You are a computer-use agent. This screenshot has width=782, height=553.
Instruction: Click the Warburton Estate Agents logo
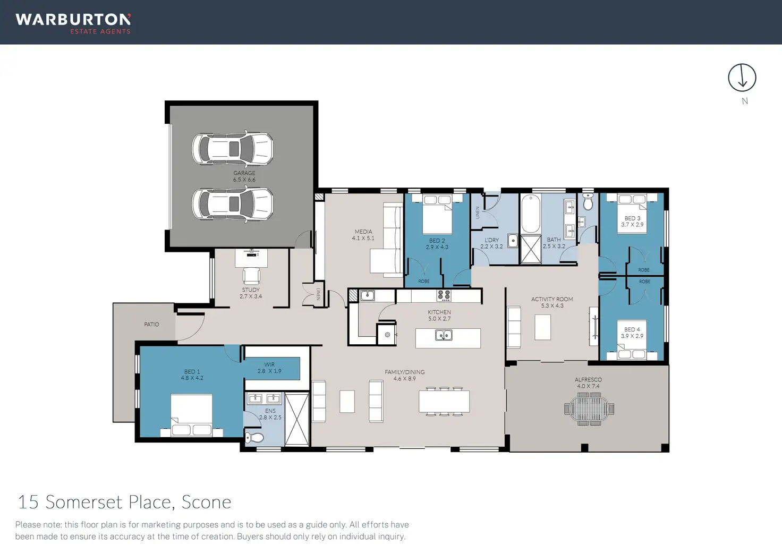[73, 24]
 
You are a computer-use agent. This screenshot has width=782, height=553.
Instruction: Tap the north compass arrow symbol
[742, 78]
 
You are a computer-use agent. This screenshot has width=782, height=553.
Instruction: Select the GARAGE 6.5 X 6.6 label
[244, 176]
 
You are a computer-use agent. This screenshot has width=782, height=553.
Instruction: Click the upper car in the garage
[233, 149]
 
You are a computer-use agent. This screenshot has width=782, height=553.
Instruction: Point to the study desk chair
[251, 276]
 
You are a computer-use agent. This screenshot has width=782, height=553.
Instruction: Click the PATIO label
[151, 325]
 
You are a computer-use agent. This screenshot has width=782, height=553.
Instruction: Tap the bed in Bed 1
[191, 415]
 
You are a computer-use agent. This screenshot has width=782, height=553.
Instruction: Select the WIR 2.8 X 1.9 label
[269, 368]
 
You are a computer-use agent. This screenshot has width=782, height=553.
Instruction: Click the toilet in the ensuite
[254, 437]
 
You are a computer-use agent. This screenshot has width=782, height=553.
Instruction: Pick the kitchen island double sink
[444, 336]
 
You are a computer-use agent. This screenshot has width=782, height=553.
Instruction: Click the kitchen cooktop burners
[444, 295]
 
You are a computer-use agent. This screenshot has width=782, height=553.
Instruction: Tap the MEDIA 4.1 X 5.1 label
[363, 235]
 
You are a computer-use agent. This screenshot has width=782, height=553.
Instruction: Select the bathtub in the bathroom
[531, 214]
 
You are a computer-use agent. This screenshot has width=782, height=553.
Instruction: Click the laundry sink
[513, 241]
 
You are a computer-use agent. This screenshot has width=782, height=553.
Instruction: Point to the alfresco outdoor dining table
[589, 409]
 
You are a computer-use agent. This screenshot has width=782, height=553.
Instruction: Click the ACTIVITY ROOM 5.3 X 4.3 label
[552, 302]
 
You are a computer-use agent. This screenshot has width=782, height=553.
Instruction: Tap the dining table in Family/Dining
[444, 402]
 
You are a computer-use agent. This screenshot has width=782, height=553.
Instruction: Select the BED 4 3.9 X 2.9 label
[632, 333]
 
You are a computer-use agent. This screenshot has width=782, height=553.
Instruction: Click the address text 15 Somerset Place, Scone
[124, 503]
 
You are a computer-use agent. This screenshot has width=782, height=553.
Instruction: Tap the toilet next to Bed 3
[588, 201]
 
